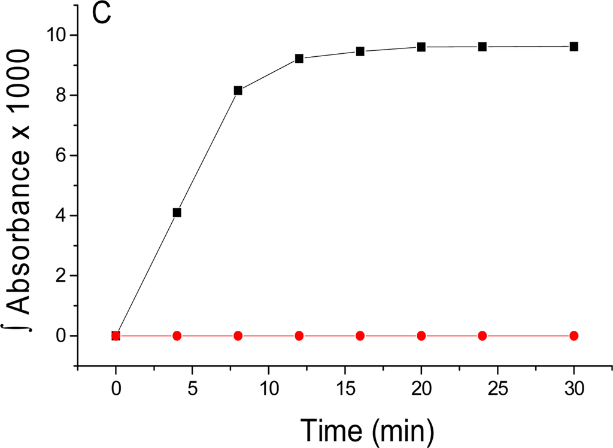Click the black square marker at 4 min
coord(177,212)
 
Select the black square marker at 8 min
coord(238,91)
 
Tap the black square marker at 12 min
coord(299,59)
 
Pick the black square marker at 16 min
coord(360,51)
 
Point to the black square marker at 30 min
coord(573,47)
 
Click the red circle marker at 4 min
coord(177,336)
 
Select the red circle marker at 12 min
coord(299,336)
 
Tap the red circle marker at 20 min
coord(421,336)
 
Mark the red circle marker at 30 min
coord(573,336)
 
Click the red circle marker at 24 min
coord(482,336)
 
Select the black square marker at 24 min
coord(482,47)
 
